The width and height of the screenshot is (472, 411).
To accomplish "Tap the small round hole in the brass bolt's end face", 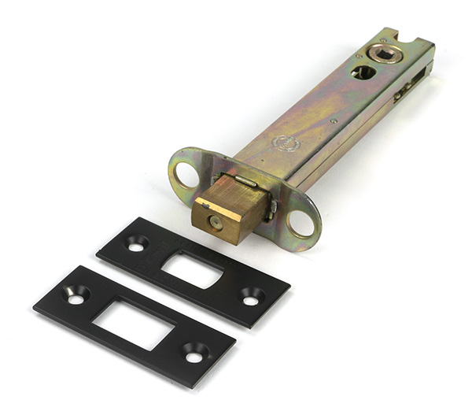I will [214, 222].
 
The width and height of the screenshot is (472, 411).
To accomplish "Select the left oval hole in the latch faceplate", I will [186, 174].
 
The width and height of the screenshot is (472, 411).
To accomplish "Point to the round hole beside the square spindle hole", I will [363, 72].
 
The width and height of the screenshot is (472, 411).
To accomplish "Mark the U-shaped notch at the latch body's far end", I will [410, 35].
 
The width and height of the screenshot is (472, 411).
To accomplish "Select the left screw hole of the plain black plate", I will [76, 296].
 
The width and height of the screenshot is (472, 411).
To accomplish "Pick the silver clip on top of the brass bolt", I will [245, 182].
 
